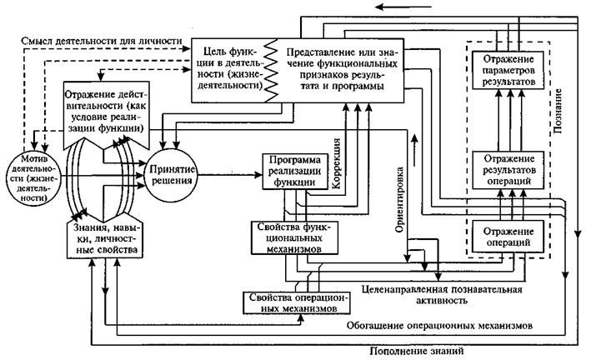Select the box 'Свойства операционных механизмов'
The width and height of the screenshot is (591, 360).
coord(292,302)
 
